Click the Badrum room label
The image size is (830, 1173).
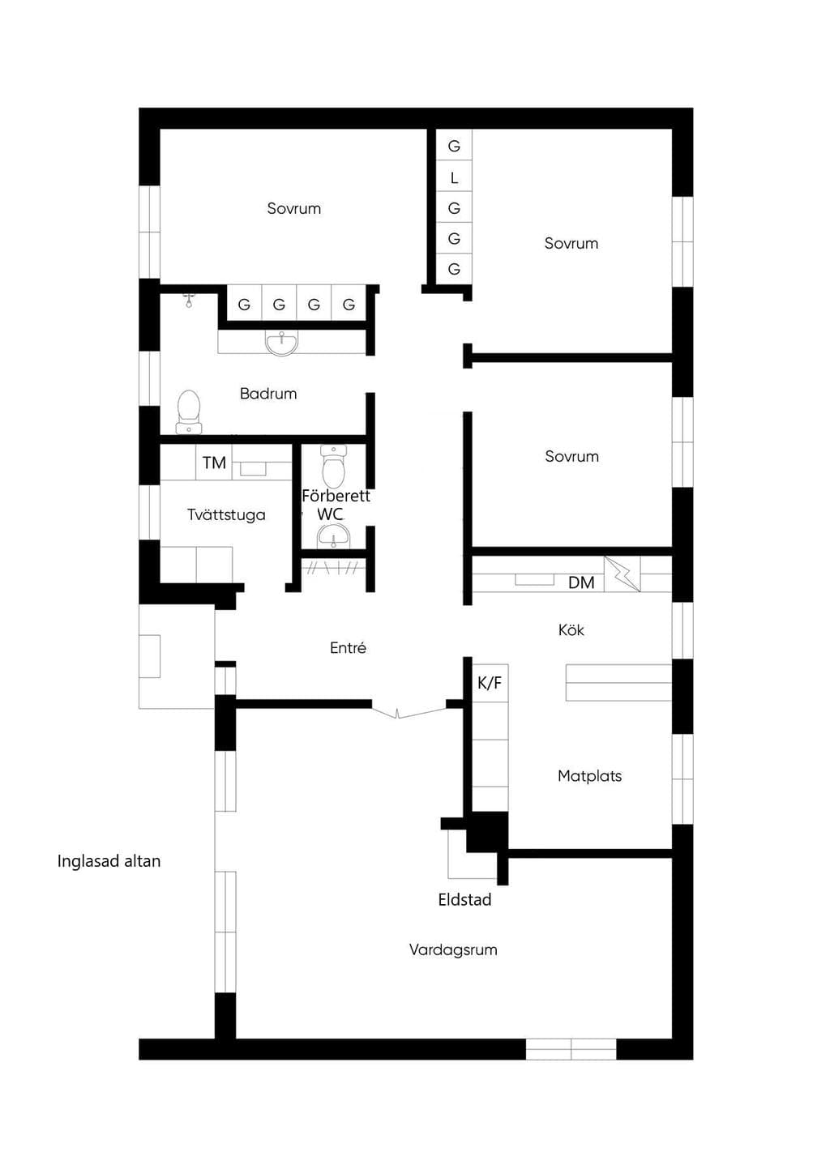tap(268, 393)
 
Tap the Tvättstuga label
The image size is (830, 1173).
tap(226, 514)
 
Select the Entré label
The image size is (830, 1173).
tap(348, 648)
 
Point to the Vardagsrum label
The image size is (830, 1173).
tap(453, 950)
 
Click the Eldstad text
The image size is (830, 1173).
tap(464, 900)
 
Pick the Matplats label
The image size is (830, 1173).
tap(589, 775)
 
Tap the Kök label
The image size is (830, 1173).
tap(571, 629)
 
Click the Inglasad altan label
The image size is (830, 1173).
tap(109, 861)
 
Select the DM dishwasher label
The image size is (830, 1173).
tap(581, 582)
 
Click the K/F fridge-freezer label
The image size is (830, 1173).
tap(490, 683)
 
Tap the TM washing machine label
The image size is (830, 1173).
tap(214, 463)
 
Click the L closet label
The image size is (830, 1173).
tap(454, 178)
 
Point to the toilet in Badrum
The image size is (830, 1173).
tap(189, 412)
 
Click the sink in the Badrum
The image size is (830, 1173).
tap(282, 343)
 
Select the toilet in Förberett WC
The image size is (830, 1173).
tap(333, 466)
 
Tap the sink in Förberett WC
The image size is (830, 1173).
tap(334, 537)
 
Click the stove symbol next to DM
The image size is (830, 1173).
tap(622, 574)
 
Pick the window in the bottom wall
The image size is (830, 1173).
tap(571, 1050)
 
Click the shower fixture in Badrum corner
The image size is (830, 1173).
tap(189, 301)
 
